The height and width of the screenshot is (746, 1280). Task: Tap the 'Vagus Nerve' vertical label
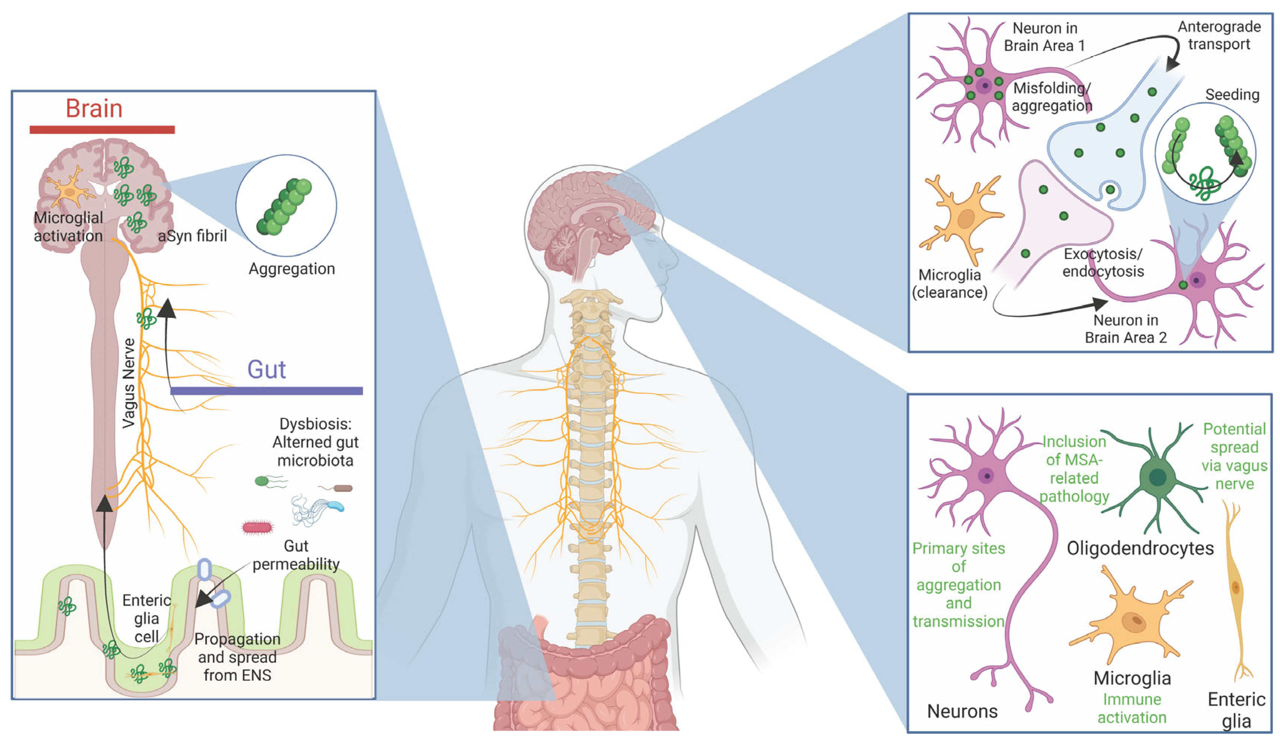coord(129,383)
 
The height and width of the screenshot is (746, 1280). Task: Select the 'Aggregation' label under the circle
coord(292,268)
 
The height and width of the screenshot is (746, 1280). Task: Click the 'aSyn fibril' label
coord(192,236)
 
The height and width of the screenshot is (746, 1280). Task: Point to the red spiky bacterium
coord(257,528)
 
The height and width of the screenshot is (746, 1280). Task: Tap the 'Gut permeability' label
coord(296,555)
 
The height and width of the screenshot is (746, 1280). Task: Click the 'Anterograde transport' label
coord(1219,36)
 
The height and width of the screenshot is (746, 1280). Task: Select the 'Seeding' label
coord(1232,95)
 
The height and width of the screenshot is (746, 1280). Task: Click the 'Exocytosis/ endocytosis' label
coord(1103,262)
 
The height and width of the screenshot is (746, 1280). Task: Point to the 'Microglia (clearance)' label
coord(949,284)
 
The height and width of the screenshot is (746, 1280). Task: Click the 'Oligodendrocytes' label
coord(1140,548)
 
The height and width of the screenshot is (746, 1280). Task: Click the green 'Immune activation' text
coord(1132,709)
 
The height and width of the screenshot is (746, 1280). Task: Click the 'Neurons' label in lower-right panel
coord(962,712)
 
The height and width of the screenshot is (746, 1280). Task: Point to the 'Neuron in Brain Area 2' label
coord(1126,329)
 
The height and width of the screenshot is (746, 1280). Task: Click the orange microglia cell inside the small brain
coord(70,191)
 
